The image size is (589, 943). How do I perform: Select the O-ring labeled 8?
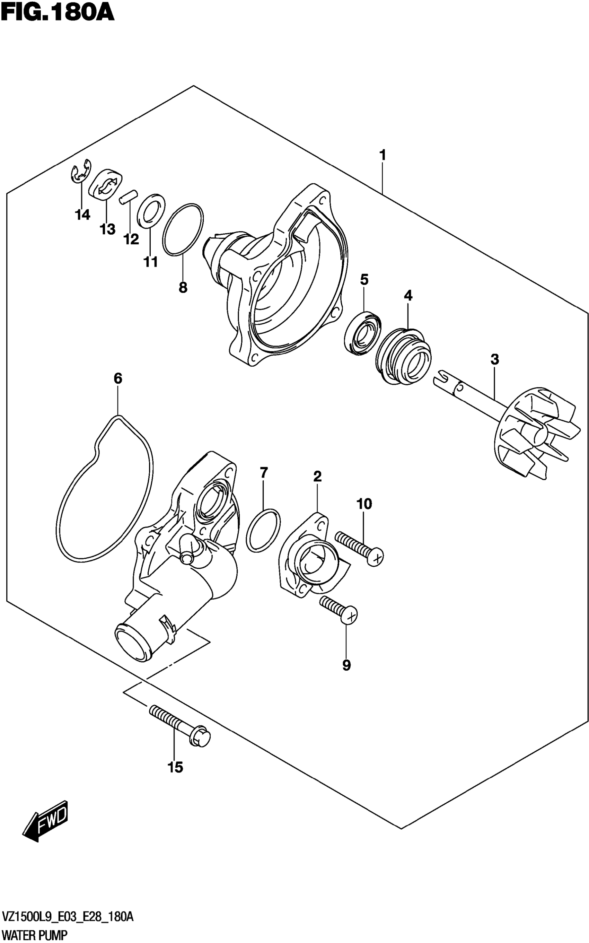183,230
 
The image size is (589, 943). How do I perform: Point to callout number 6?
118,378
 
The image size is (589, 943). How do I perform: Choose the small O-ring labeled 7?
263,530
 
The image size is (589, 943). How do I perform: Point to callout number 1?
383,155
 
